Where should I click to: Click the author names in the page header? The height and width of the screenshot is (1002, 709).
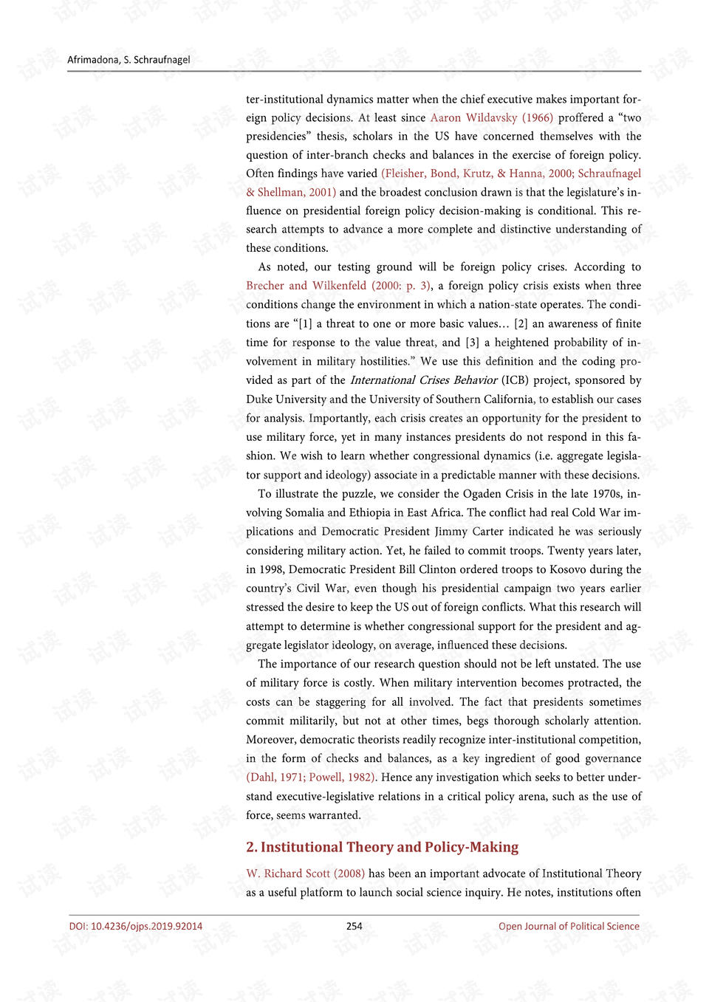point(129,60)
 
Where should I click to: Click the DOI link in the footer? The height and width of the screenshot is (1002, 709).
point(136,926)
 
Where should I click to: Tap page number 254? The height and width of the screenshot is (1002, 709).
point(354,926)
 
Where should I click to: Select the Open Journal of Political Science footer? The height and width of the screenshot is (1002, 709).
point(569,926)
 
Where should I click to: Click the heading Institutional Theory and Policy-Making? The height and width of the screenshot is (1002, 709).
point(382,847)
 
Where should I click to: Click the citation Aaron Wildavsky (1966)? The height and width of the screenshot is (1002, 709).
point(491,117)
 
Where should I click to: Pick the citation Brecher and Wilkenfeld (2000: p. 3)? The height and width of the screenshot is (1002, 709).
point(338,286)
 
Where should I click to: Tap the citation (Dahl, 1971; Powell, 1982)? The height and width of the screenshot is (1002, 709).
point(311,777)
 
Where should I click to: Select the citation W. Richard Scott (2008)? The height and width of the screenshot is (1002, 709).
point(305,874)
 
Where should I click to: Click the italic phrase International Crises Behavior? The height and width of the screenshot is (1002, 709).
point(423,380)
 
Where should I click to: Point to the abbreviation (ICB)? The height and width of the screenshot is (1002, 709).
point(515,380)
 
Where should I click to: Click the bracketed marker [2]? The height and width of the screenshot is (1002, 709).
point(521,323)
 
